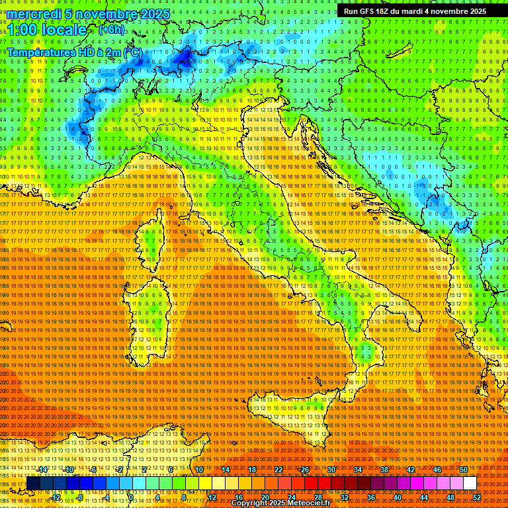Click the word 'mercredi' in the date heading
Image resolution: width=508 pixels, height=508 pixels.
[x=34, y=14]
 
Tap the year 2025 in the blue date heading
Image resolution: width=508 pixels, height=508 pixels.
[x=154, y=14]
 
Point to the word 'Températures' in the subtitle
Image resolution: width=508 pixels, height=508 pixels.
[x=40, y=52]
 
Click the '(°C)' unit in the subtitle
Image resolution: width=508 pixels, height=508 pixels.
[x=132, y=52]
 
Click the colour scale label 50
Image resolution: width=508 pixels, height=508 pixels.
[x=463, y=469]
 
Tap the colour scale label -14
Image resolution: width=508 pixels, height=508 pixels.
[x=43, y=469]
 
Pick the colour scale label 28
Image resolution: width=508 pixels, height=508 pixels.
[x=317, y=497]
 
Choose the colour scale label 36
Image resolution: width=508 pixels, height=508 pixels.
[x=370, y=497]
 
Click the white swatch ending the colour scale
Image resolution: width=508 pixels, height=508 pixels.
[x=470, y=483]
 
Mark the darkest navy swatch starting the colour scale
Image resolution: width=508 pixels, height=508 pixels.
[x=33, y=483]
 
